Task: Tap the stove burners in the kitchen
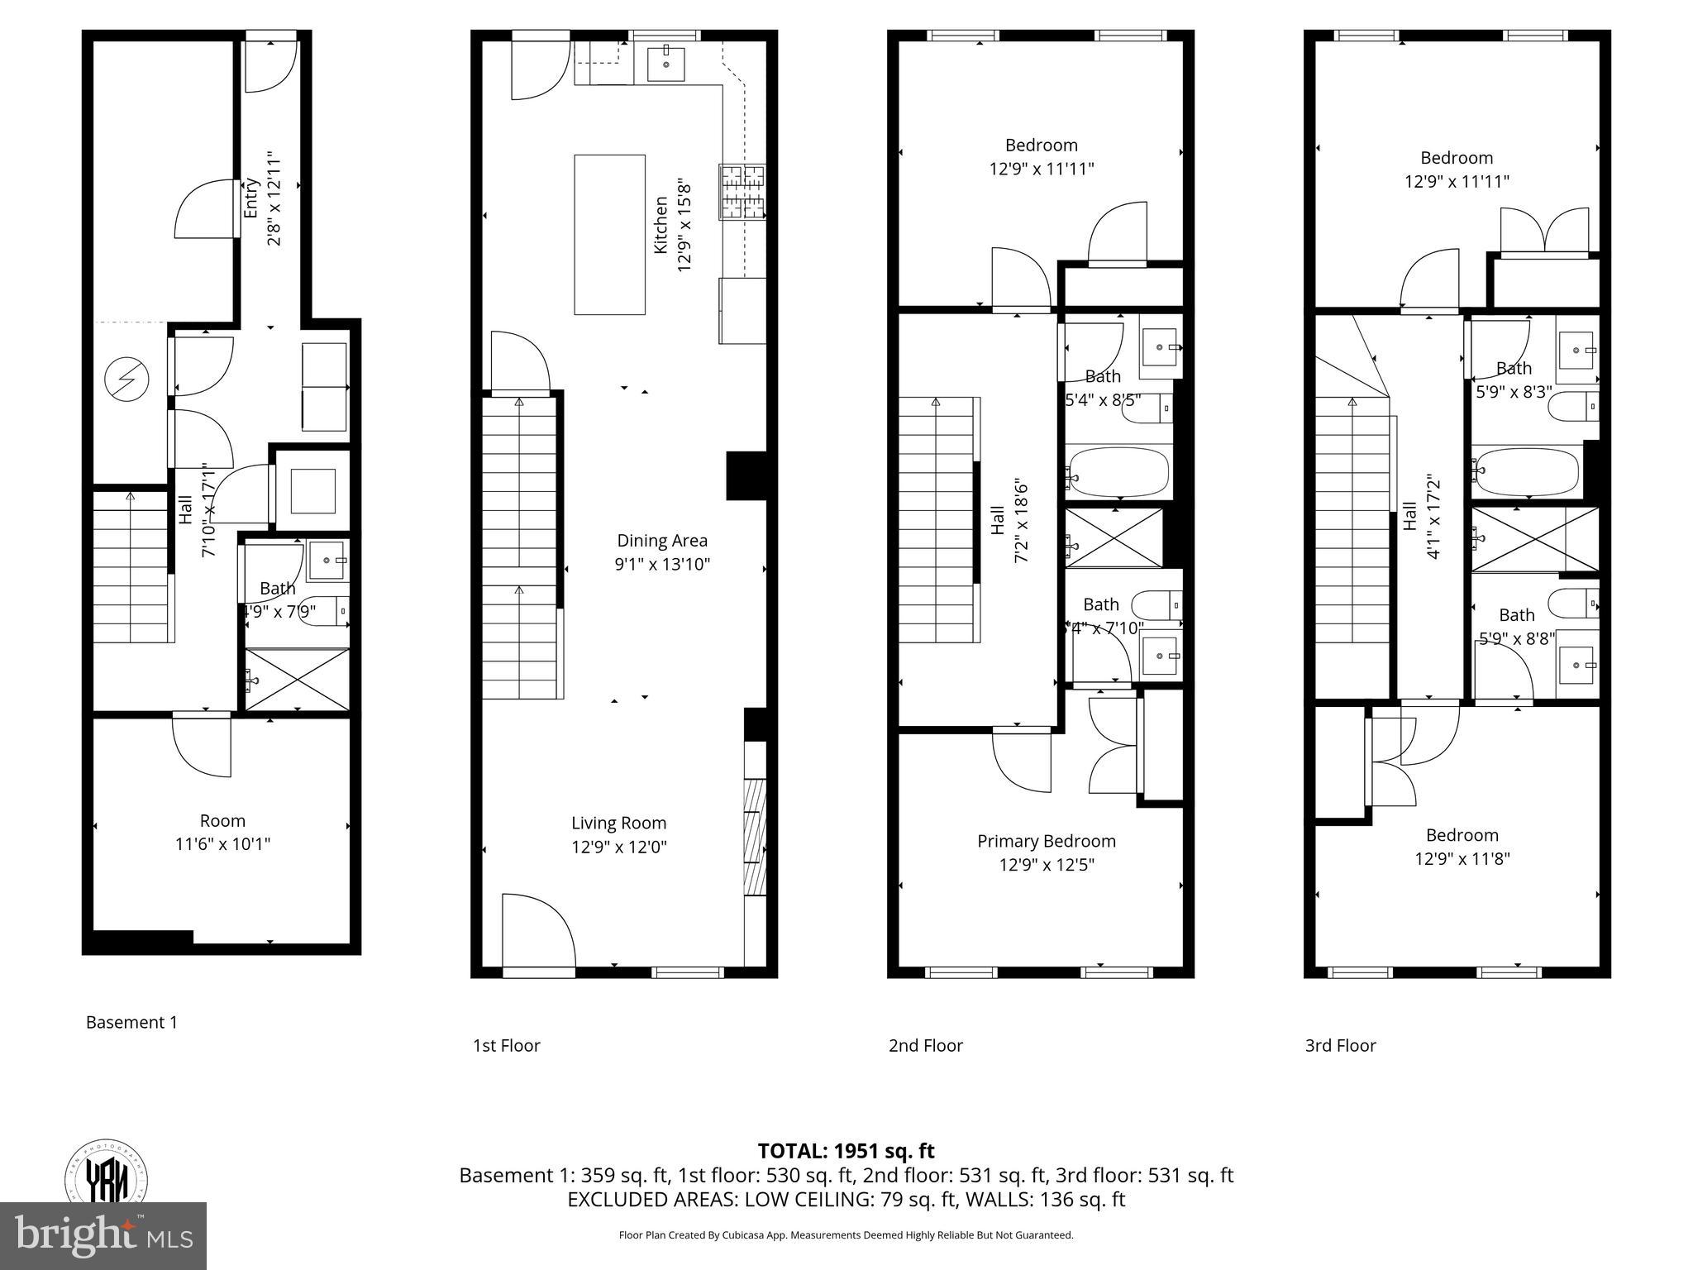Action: pos(742,193)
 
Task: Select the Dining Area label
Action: pos(662,541)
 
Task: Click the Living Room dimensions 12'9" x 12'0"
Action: pos(619,847)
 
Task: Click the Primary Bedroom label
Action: pos(1046,841)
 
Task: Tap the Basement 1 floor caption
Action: pos(131,1022)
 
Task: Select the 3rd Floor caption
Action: pos(1340,1045)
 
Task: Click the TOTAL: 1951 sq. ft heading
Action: pos(846,1151)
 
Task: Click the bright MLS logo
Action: pos(103,1235)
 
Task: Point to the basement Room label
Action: pos(222,821)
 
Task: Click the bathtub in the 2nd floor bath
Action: pos(1118,472)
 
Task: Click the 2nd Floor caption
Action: pos(925,1045)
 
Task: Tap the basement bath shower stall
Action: pos(298,680)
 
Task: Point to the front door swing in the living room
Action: pos(537,930)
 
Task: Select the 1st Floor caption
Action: pos(506,1045)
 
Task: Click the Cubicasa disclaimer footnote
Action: pos(846,1235)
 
